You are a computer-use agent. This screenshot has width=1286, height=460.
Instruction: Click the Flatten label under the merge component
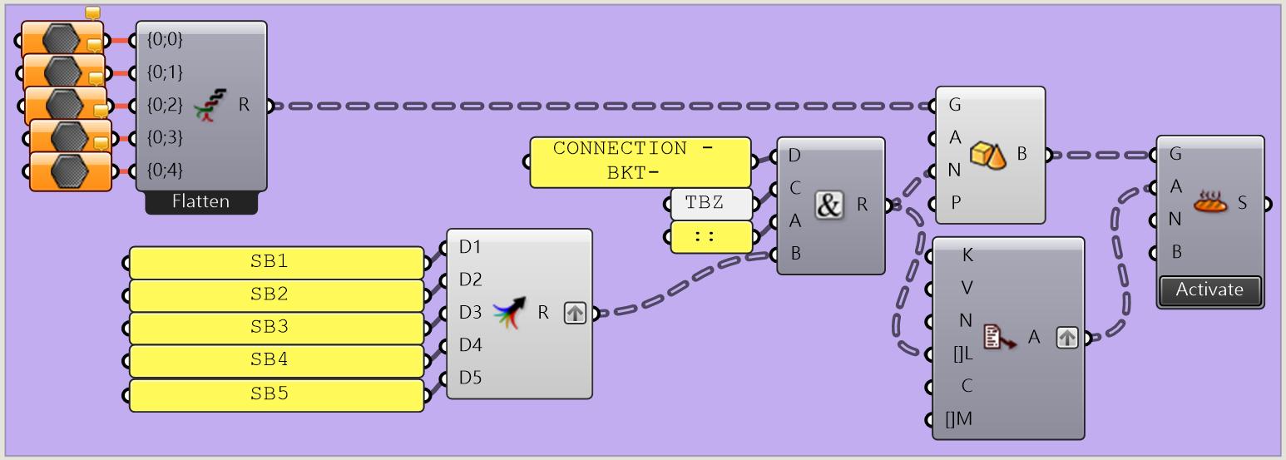pyautogui.click(x=200, y=201)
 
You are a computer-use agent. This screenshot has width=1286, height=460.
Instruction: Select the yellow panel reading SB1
pyautogui.click(x=276, y=262)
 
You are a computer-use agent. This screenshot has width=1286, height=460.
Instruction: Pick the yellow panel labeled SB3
pyautogui.click(x=276, y=328)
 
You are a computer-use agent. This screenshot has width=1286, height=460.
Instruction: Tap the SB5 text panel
pyautogui.click(x=276, y=394)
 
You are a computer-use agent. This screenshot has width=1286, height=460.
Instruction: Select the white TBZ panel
pyautogui.click(x=711, y=203)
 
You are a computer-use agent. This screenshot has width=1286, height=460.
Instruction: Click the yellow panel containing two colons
pyautogui.click(x=711, y=236)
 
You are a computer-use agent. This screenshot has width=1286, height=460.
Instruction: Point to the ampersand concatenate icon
pyautogui.click(x=828, y=205)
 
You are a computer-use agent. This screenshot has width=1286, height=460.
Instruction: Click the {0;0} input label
pyautogui.click(x=164, y=38)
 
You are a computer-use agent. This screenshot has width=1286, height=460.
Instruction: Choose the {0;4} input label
pyautogui.click(x=164, y=170)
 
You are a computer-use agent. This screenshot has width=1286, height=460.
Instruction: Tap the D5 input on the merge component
pyautogui.click(x=470, y=378)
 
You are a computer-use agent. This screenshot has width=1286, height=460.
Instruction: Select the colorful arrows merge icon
pyautogui.click(x=509, y=313)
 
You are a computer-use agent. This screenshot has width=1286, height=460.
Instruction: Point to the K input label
pyautogui.click(x=967, y=255)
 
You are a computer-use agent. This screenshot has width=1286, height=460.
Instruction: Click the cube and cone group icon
pyautogui.click(x=988, y=155)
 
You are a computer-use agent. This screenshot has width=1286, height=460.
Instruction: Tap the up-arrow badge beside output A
pyautogui.click(x=1067, y=338)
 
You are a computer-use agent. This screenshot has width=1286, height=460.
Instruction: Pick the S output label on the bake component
pyautogui.click(x=1243, y=202)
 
